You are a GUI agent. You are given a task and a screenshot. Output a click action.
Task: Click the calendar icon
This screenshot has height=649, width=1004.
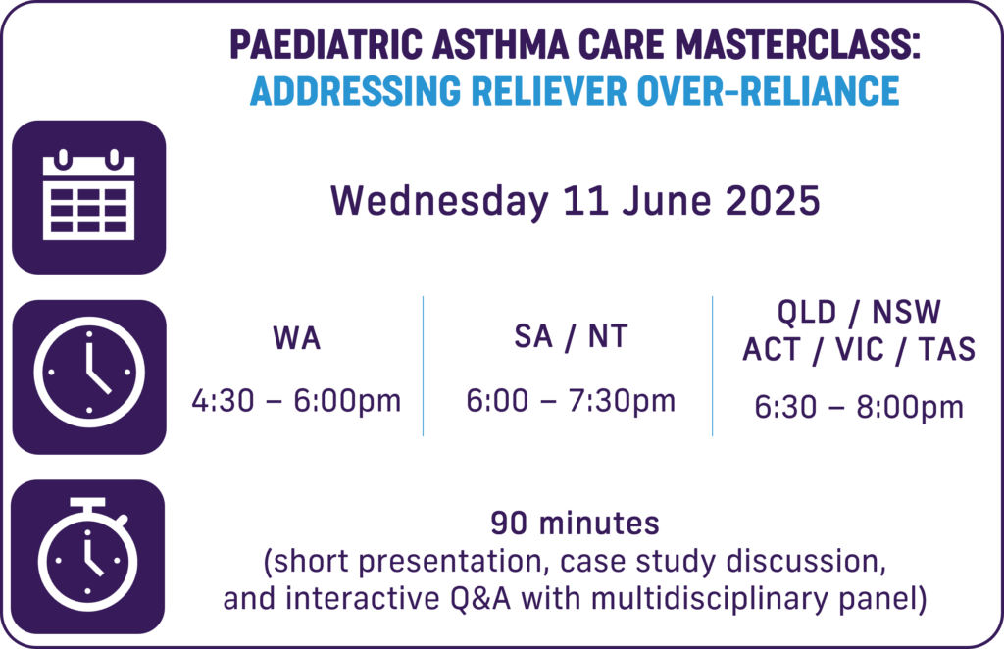(x=88, y=197)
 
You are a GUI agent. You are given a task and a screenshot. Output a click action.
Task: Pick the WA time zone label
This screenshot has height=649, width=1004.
(x=296, y=340)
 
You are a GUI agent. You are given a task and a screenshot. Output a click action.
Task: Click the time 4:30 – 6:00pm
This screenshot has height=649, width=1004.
(x=296, y=401)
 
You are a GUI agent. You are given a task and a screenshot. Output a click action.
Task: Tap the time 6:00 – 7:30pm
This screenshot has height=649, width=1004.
(x=570, y=401)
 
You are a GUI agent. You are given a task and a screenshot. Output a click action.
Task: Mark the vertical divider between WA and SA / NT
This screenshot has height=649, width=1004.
(x=423, y=366)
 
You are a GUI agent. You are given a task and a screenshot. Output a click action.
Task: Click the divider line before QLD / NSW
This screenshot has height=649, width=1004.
(x=713, y=366)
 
